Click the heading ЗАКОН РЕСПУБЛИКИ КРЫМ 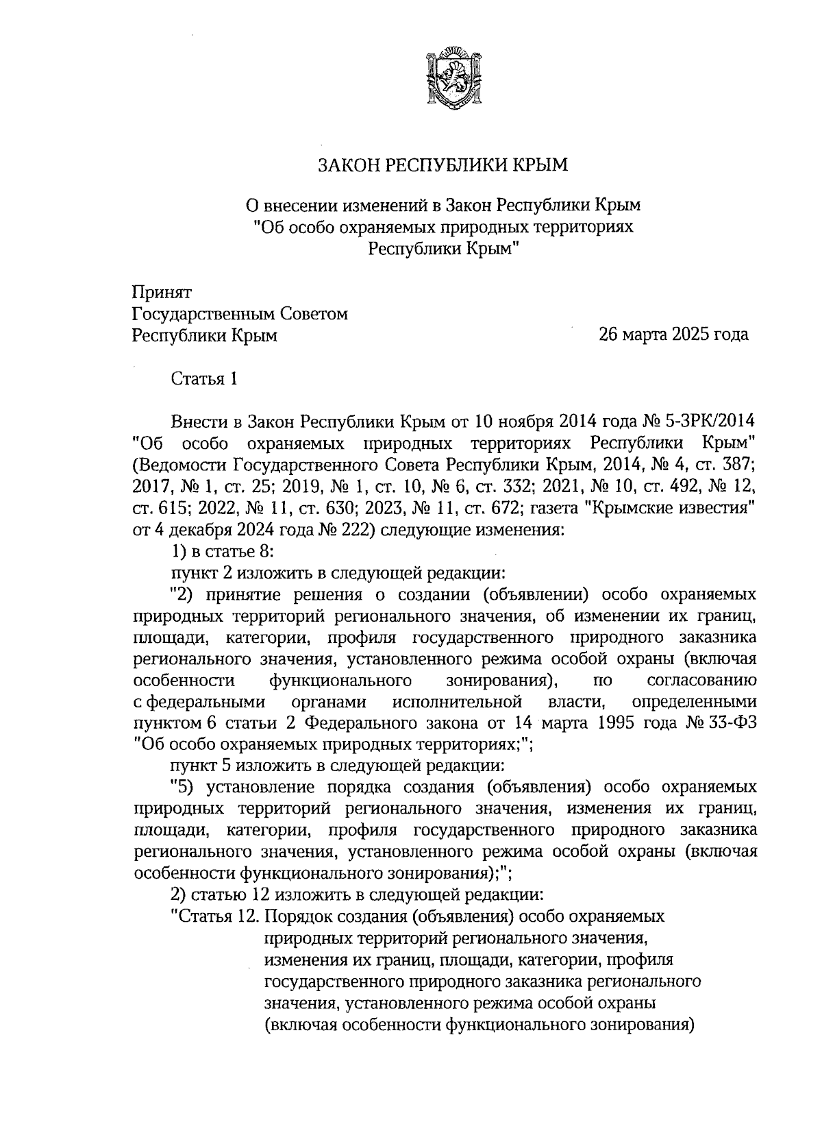point(443,165)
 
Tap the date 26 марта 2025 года point(673,335)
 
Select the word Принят point(162,292)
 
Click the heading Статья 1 point(204,378)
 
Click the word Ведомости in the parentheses point(179,465)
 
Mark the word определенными point(694,702)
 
